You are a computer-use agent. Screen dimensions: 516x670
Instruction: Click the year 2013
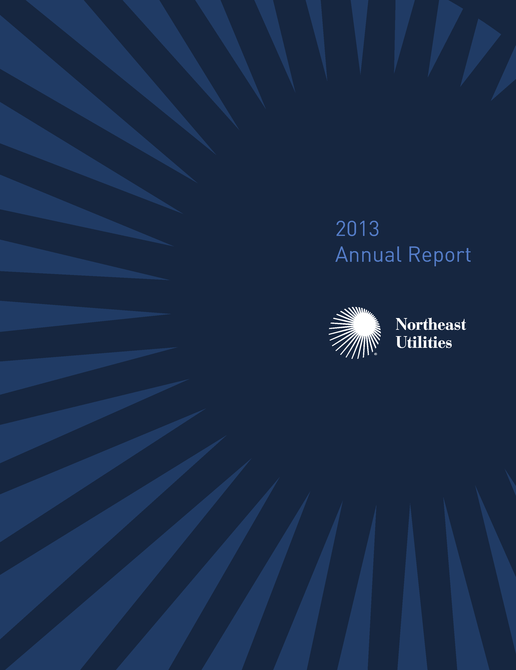tap(357, 229)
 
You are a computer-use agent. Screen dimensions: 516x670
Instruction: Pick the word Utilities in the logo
tap(424, 342)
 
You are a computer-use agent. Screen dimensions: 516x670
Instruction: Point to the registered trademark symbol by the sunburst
tap(376, 354)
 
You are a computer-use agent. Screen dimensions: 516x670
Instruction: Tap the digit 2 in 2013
tap(341, 229)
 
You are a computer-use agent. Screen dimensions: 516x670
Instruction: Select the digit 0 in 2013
tap(352, 229)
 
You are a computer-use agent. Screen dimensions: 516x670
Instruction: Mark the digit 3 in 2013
tap(374, 229)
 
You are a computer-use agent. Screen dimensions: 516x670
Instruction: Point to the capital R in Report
tap(415, 255)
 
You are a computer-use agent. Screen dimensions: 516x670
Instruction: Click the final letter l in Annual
tap(399, 255)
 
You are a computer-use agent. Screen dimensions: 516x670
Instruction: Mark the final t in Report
tap(468, 256)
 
